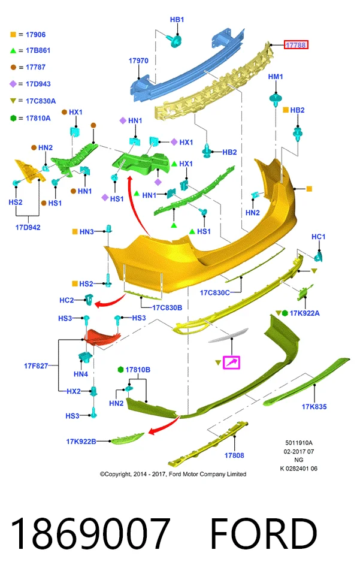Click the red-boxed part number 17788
coord(296,45)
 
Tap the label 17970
coord(138,61)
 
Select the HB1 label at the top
coord(177,19)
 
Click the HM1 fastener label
coord(276,77)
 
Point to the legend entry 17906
coord(36,35)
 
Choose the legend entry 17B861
coord(38,50)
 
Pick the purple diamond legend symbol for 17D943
coord(13,84)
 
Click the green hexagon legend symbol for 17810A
coord(13,118)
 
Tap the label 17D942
coord(28,227)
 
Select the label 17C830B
coord(167,307)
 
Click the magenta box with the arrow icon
coord(231,363)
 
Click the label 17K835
coord(314,407)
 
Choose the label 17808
coord(234,455)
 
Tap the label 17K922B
coord(81,442)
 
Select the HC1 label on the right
coord(319,237)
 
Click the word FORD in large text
coord(264,534)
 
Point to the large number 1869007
coord(90,534)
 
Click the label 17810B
coord(138,370)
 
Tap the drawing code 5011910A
coord(299,443)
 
